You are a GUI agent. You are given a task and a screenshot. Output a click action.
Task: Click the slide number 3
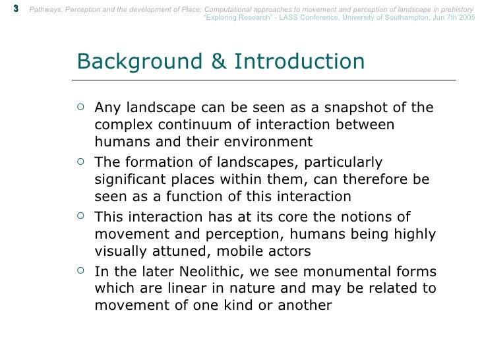(x=15, y=8)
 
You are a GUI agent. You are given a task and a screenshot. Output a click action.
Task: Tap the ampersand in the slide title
(x=218, y=61)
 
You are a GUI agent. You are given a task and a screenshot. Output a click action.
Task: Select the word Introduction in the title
(x=299, y=61)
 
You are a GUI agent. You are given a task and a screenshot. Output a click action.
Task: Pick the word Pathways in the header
(x=49, y=8)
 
